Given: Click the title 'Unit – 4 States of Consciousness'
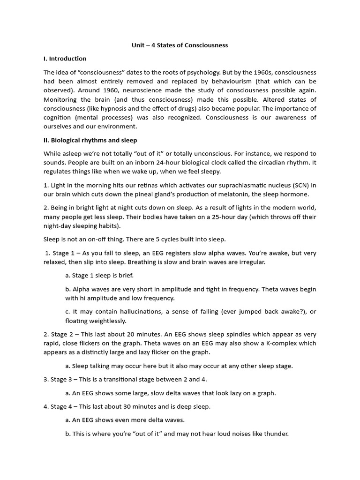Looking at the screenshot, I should (x=180, y=45).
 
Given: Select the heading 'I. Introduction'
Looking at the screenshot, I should (x=65, y=59).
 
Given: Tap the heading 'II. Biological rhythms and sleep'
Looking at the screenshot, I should (x=90, y=140).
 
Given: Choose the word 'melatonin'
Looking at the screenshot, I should (x=235, y=194).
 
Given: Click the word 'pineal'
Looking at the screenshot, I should (x=144, y=194).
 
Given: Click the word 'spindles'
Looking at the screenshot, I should (x=208, y=334).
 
